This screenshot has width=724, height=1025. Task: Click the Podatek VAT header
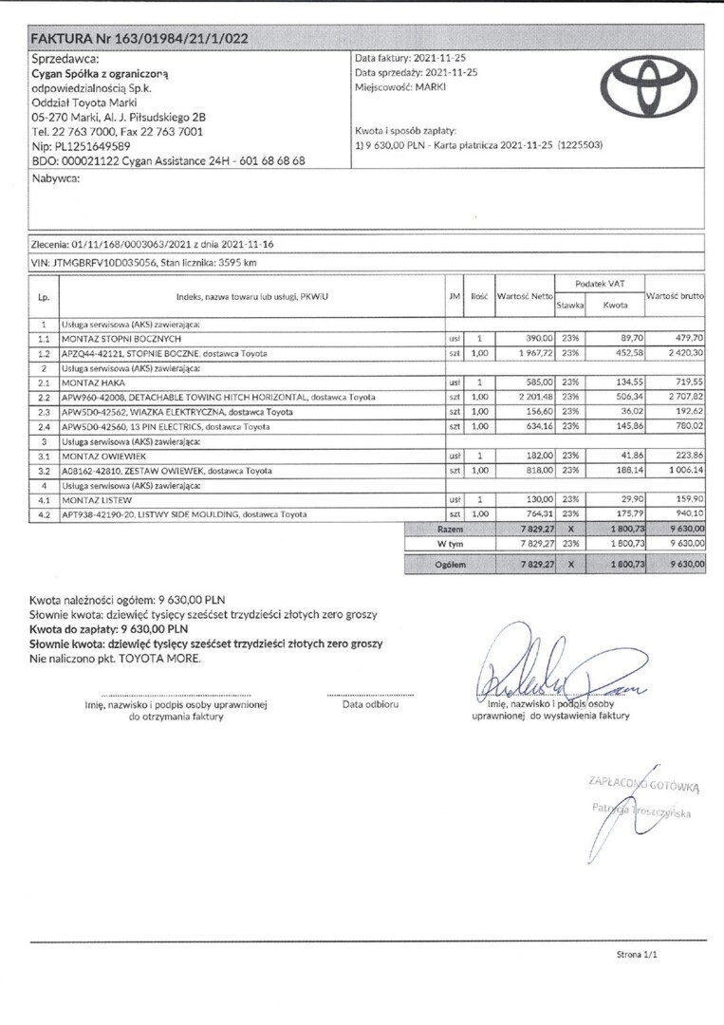click(600, 284)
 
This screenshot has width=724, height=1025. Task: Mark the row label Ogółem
click(449, 564)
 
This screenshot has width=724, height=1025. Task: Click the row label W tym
click(449, 543)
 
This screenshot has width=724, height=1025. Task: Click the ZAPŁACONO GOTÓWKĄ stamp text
click(644, 784)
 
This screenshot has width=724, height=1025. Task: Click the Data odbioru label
click(369, 705)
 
